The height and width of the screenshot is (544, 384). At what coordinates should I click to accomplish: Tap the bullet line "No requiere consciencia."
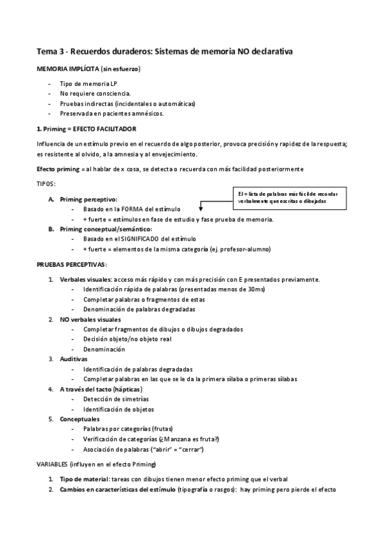coord(95,94)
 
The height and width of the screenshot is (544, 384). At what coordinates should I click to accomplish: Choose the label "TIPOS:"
coord(46,183)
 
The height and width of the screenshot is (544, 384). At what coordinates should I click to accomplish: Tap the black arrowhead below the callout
coord(201,208)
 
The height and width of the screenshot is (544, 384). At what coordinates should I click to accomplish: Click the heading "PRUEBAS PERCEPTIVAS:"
coord(72,264)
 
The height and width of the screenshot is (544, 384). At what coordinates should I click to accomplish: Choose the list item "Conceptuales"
coord(80,419)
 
